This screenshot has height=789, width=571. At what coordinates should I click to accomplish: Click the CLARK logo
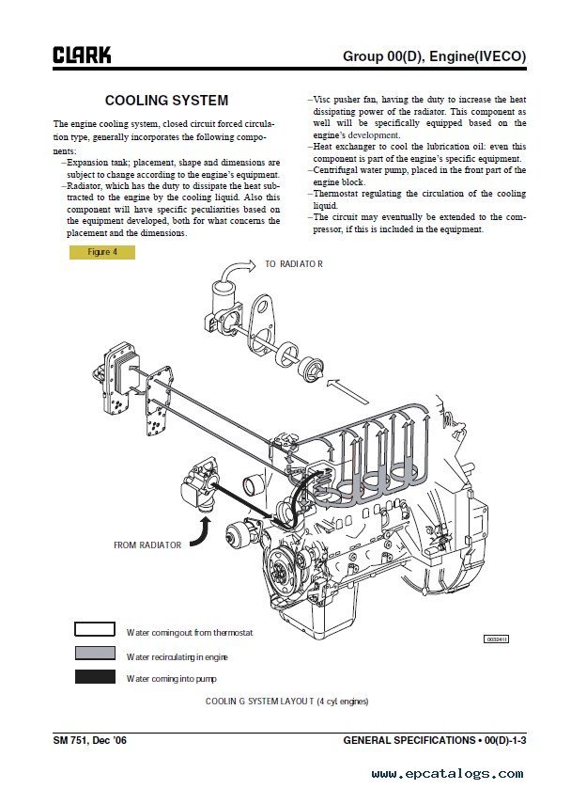(x=82, y=55)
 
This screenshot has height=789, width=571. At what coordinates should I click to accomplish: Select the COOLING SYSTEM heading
(x=166, y=101)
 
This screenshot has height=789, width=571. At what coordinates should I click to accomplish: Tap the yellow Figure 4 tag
(x=102, y=252)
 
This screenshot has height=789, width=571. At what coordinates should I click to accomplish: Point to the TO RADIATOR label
(x=293, y=264)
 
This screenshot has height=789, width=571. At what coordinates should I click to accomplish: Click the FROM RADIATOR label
(x=147, y=544)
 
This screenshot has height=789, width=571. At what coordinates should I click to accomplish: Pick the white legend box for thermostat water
(x=95, y=630)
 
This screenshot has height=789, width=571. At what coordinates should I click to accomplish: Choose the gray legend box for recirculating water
(x=95, y=654)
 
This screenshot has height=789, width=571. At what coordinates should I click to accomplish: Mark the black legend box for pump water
(x=95, y=677)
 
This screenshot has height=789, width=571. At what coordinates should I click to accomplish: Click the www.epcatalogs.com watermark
(x=460, y=773)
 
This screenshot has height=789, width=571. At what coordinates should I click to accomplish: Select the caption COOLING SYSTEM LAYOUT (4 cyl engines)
(x=286, y=702)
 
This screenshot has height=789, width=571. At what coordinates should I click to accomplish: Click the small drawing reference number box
(x=495, y=639)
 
